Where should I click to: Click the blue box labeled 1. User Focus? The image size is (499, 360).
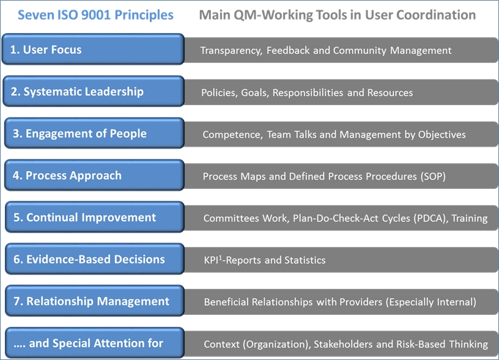pyautogui.click(x=93, y=50)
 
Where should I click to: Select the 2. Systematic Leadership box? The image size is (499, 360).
pyautogui.click(x=94, y=91)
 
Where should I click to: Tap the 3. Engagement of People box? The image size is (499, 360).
pyautogui.click(x=94, y=133)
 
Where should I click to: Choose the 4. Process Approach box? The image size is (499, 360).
pyautogui.click(x=94, y=175)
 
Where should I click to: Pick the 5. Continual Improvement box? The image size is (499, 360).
pyautogui.click(x=95, y=217)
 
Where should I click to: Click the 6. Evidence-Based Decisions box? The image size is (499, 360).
pyautogui.click(x=95, y=259)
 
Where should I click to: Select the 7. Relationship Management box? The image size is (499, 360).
pyautogui.click(x=95, y=301)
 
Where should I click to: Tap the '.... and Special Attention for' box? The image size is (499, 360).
pyautogui.click(x=95, y=343)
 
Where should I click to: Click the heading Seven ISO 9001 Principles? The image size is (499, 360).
pyautogui.click(x=95, y=15)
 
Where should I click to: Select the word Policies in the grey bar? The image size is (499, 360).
pyautogui.click(x=220, y=92)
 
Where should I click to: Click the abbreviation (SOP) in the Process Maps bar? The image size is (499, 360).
pyautogui.click(x=433, y=177)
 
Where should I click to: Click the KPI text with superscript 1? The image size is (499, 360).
pyautogui.click(x=212, y=260)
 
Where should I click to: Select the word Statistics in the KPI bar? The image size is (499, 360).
pyautogui.click(x=305, y=260)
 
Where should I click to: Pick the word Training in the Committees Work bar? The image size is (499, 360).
pyautogui.click(x=470, y=218)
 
